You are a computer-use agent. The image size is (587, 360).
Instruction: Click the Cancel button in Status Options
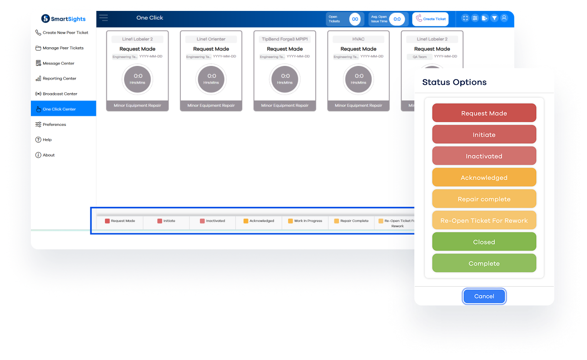484,296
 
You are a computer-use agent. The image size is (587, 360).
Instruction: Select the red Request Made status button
484,113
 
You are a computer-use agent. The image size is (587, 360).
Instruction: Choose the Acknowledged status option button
484,178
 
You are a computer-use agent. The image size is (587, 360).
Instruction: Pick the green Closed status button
484,242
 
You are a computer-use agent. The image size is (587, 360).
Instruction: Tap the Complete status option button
484,263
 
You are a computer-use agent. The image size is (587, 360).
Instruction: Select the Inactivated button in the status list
484,156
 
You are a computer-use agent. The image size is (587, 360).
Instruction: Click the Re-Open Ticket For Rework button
484,220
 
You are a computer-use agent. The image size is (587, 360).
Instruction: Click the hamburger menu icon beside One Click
104,18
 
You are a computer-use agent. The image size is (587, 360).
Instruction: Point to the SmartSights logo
64,19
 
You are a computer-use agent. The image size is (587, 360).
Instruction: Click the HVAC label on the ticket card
358,39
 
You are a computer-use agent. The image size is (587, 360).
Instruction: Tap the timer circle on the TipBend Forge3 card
285,79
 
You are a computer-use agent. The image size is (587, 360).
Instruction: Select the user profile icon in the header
504,18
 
